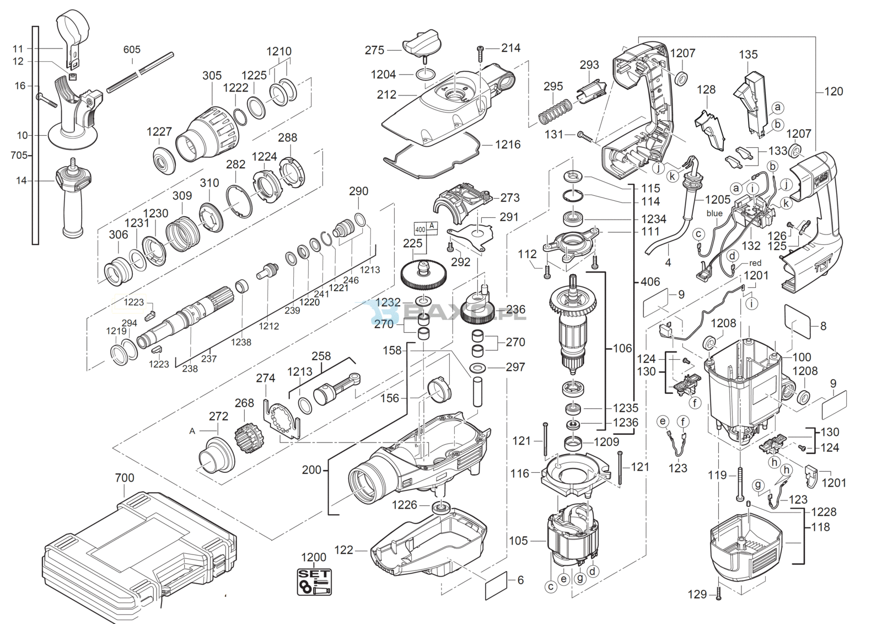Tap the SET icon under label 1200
315,582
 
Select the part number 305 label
212,76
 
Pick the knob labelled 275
420,45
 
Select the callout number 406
650,282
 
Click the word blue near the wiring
714,214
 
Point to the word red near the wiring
755,263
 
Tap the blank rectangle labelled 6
496,586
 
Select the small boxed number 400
420,229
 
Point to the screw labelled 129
719,594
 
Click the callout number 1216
507,145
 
